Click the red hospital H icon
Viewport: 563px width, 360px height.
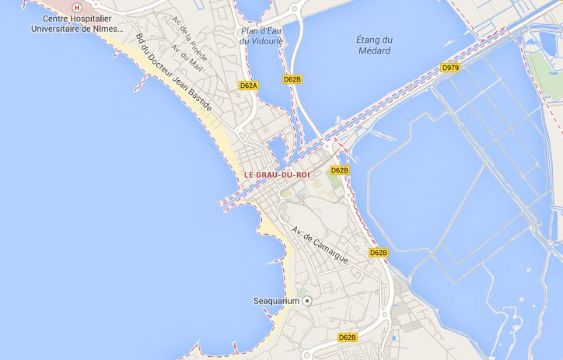76,6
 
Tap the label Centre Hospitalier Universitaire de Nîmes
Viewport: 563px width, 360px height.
77,23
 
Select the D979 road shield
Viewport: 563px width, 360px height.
449,68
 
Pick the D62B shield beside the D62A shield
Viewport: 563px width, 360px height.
292,79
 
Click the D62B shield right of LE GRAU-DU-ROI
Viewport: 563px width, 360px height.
339,170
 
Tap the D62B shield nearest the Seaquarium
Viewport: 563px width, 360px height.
347,337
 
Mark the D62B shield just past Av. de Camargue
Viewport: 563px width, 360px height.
378,253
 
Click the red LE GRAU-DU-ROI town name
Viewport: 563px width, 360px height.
276,176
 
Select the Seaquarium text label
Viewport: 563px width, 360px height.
276,301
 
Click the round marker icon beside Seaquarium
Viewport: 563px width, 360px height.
307,301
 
